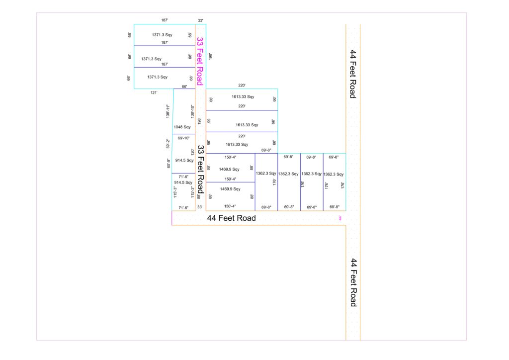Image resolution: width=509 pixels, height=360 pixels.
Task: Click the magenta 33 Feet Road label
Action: pyautogui.click(x=200, y=61)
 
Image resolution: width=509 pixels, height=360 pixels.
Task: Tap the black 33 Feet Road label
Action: pyautogui.click(x=201, y=170)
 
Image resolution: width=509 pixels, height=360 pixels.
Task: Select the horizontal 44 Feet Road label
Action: pyautogui.click(x=232, y=218)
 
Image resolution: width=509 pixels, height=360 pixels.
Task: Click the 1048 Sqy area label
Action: pyautogui.click(x=182, y=127)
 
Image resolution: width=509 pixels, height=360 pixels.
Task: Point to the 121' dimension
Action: pyautogui.click(x=154, y=92)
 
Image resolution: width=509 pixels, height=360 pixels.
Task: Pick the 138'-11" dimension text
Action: pyautogui.click(x=168, y=111)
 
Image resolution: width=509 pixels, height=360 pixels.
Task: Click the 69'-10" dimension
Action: pyautogui.click(x=183, y=138)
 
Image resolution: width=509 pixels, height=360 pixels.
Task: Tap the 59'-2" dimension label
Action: pyautogui.click(x=168, y=144)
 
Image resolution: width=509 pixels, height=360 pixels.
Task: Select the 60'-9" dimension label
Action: pyautogui.click(x=169, y=163)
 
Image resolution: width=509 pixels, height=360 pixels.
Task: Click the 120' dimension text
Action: pyautogui.click(x=192, y=152)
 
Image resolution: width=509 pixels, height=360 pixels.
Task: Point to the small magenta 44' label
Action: pyautogui.click(x=340, y=218)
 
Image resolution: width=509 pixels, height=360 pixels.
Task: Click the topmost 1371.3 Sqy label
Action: pyautogui.click(x=162, y=35)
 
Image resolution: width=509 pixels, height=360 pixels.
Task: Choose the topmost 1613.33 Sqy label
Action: pyautogui.click(x=243, y=97)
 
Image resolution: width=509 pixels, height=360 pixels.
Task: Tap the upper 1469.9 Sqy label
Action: pyautogui.click(x=229, y=169)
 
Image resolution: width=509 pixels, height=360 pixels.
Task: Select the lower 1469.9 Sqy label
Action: pyautogui.click(x=230, y=189)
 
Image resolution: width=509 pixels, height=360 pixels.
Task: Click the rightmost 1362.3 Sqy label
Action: pyautogui.click(x=334, y=175)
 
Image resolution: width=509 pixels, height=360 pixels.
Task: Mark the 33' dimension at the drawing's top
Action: pyautogui.click(x=201, y=20)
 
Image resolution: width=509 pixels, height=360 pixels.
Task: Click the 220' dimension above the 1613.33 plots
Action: pyautogui.click(x=242, y=86)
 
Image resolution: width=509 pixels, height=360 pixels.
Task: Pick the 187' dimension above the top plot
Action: pyautogui.click(x=165, y=20)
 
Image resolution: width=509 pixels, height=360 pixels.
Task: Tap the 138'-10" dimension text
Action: pyautogui.click(x=192, y=111)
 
